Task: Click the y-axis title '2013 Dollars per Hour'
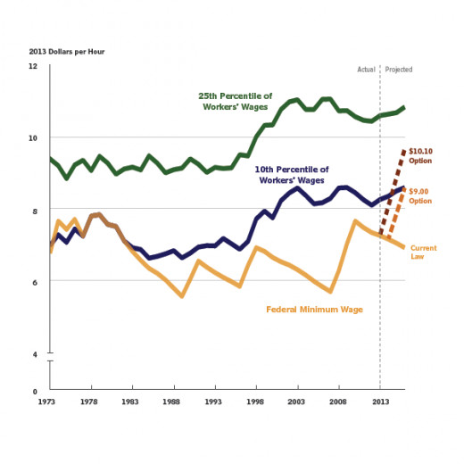coord(67,52)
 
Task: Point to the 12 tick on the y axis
coord(33,66)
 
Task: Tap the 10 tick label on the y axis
coord(33,138)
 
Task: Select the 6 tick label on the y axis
coord(35,282)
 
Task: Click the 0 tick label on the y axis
coord(35,392)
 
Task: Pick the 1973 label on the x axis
coord(46,402)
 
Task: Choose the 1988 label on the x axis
coord(171,402)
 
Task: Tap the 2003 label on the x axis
coord(296,402)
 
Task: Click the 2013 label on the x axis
coord(380,402)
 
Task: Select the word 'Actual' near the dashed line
coord(366,70)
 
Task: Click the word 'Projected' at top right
coord(399,70)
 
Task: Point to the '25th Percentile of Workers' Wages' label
coord(236,102)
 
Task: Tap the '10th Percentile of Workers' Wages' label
coord(292,175)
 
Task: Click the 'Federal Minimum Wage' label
coord(314,310)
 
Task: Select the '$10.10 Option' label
coord(420,156)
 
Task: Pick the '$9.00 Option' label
coord(420,196)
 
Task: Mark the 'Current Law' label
coord(424,253)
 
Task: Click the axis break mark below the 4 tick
coord(50,357)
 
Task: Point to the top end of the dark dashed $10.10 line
coord(404,151)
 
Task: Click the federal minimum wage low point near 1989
coord(182,296)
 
